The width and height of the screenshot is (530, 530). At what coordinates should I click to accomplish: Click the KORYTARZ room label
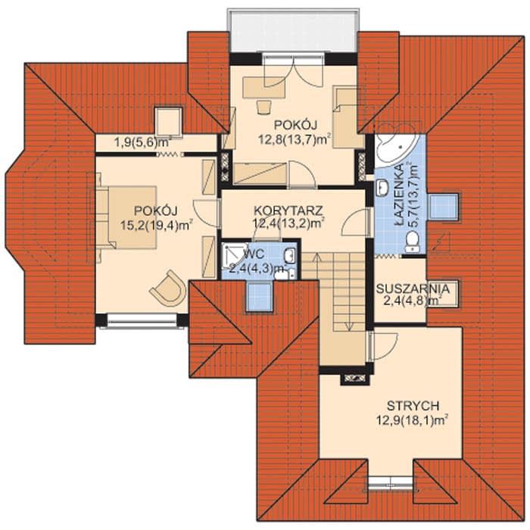[x=288, y=210]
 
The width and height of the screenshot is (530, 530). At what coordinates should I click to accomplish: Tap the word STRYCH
[x=413, y=405]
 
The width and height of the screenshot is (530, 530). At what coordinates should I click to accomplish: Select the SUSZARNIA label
[x=413, y=289]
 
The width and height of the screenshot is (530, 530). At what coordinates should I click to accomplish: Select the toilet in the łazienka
[x=413, y=242]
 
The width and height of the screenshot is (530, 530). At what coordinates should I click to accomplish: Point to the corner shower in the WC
[x=235, y=256]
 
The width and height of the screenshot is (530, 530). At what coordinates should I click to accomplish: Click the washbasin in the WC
[x=290, y=255]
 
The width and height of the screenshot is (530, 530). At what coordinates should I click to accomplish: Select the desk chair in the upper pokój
[x=263, y=107]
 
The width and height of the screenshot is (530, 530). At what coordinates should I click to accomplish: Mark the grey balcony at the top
[x=293, y=31]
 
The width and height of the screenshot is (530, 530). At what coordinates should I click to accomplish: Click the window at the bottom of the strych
[x=390, y=483]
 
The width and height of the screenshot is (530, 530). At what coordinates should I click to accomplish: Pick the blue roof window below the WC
[x=259, y=297]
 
